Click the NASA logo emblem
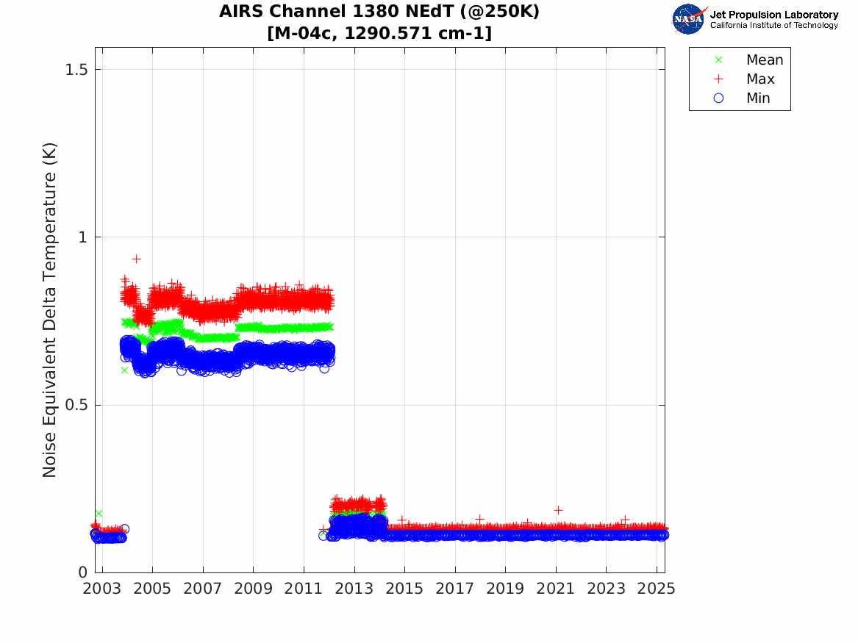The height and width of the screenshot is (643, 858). pyautogui.click(x=688, y=19)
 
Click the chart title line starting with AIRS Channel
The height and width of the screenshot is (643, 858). pyautogui.click(x=379, y=12)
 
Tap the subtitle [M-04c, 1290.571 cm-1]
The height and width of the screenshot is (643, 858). pyautogui.click(x=379, y=33)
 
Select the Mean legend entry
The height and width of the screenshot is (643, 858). pyautogui.click(x=765, y=60)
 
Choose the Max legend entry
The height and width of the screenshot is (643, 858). pyautogui.click(x=760, y=79)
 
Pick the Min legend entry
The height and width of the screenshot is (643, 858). pyautogui.click(x=758, y=98)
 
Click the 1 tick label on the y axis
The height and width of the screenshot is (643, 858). pyautogui.click(x=82, y=237)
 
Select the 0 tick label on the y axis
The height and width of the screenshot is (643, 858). pyautogui.click(x=82, y=572)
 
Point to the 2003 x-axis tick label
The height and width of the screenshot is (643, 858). pyautogui.click(x=102, y=589)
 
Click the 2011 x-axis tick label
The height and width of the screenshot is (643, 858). pyautogui.click(x=304, y=589)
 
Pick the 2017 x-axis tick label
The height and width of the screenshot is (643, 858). pyautogui.click(x=455, y=589)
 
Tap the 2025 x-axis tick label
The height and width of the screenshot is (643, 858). pyautogui.click(x=657, y=589)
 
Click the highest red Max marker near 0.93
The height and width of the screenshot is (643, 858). pyautogui.click(x=136, y=259)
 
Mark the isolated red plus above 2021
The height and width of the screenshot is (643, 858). pyautogui.click(x=558, y=510)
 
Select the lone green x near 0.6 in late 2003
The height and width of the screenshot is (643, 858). pyautogui.click(x=124, y=370)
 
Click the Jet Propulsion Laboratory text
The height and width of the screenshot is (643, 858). pyautogui.click(x=773, y=15)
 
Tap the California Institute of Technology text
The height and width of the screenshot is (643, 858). pyautogui.click(x=773, y=26)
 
